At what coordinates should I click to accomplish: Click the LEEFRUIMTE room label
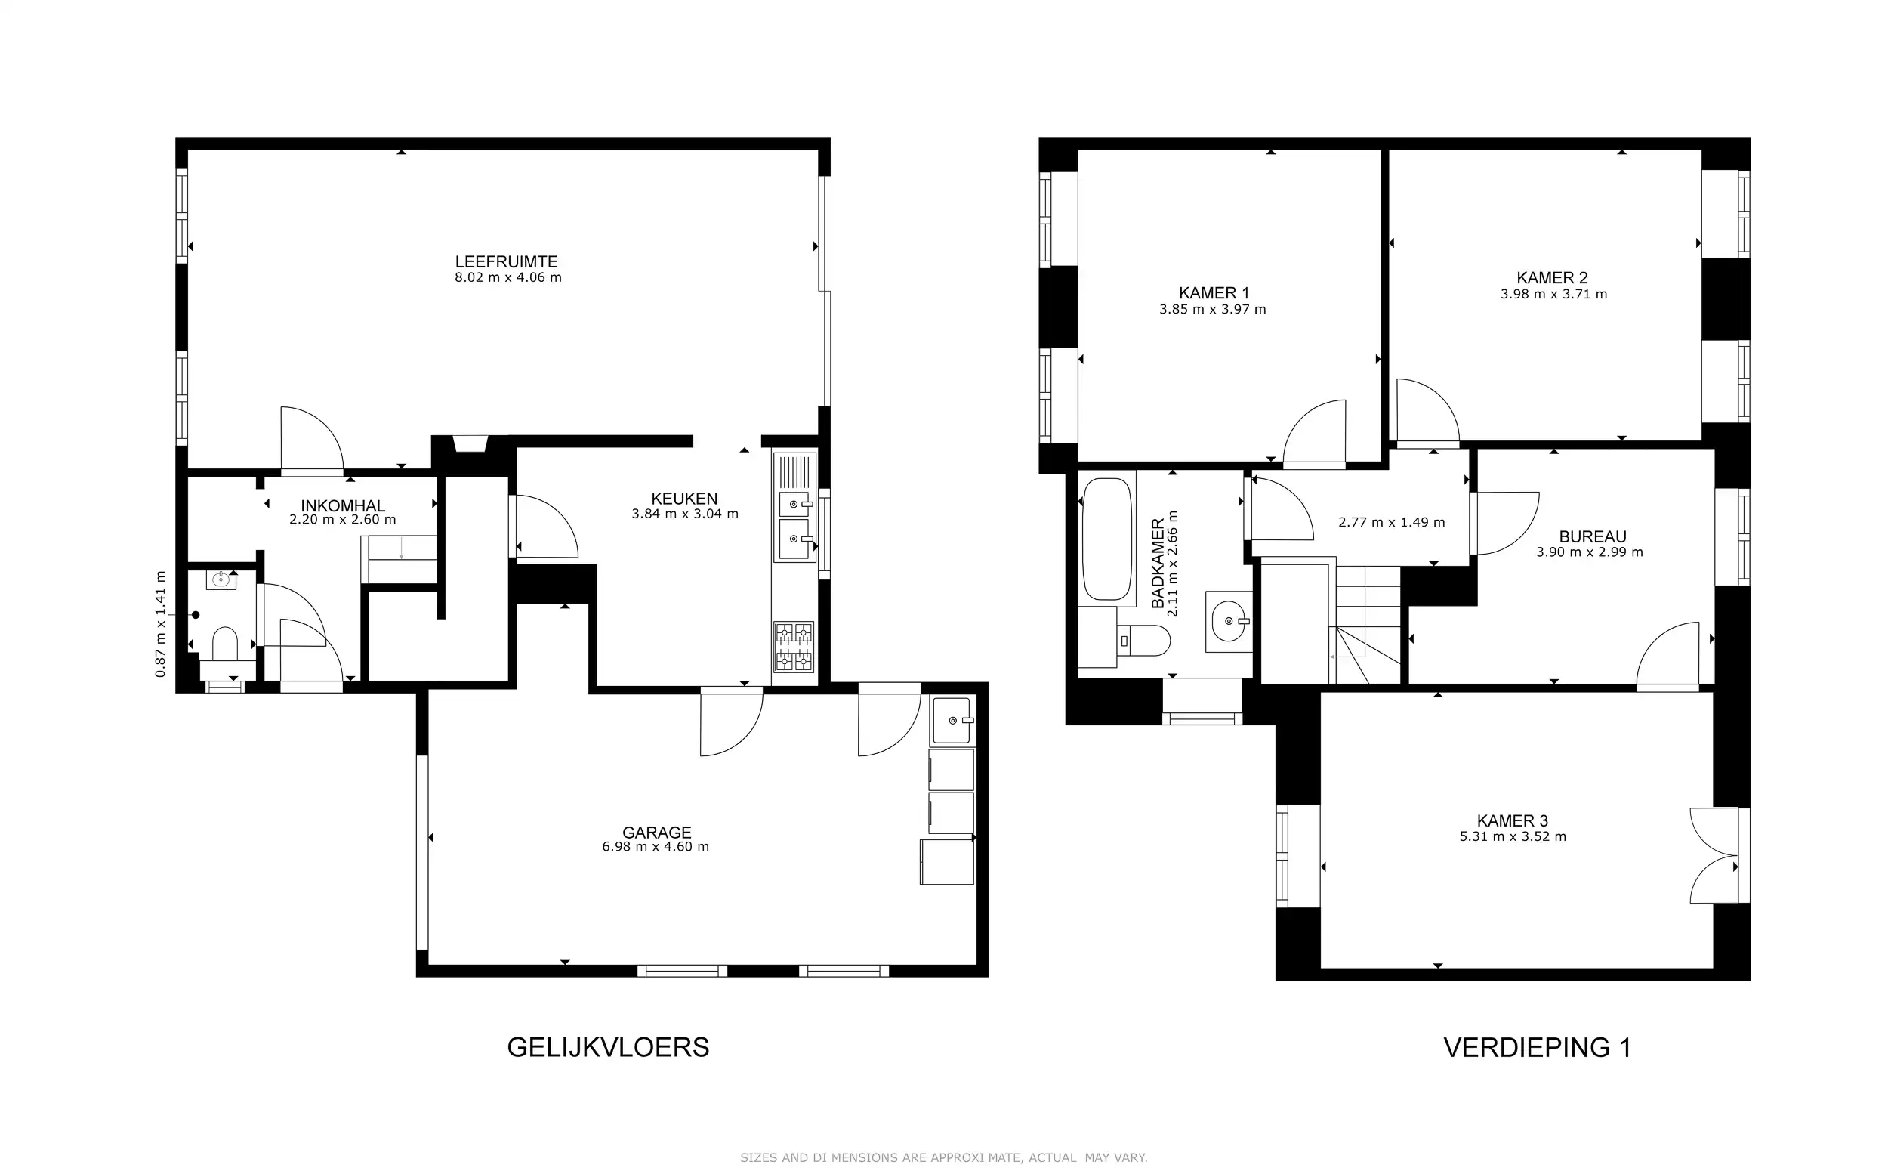coord(506,262)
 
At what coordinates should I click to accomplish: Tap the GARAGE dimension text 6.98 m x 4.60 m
coord(655,847)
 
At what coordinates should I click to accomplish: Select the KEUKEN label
coord(684,499)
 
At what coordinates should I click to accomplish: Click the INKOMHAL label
coord(342,506)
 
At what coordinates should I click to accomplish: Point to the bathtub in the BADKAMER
coord(1107,539)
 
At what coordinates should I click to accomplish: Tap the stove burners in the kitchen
coord(794,647)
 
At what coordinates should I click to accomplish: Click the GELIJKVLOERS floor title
coord(608,1046)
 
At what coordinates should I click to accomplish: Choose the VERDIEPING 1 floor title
coord(1537,1046)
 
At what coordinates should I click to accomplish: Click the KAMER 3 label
coord(1512,820)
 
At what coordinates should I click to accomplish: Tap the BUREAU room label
coord(1592,536)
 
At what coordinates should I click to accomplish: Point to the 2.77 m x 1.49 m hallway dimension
coord(1392,522)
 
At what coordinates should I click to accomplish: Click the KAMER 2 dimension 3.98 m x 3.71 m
coord(1553,295)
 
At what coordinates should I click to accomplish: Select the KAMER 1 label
coord(1214,293)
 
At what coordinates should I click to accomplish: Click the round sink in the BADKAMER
coord(1229,621)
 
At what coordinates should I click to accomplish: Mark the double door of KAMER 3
coord(1714,855)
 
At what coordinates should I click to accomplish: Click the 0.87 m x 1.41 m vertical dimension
coord(161,624)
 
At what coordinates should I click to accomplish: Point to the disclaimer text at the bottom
coord(943,1157)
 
